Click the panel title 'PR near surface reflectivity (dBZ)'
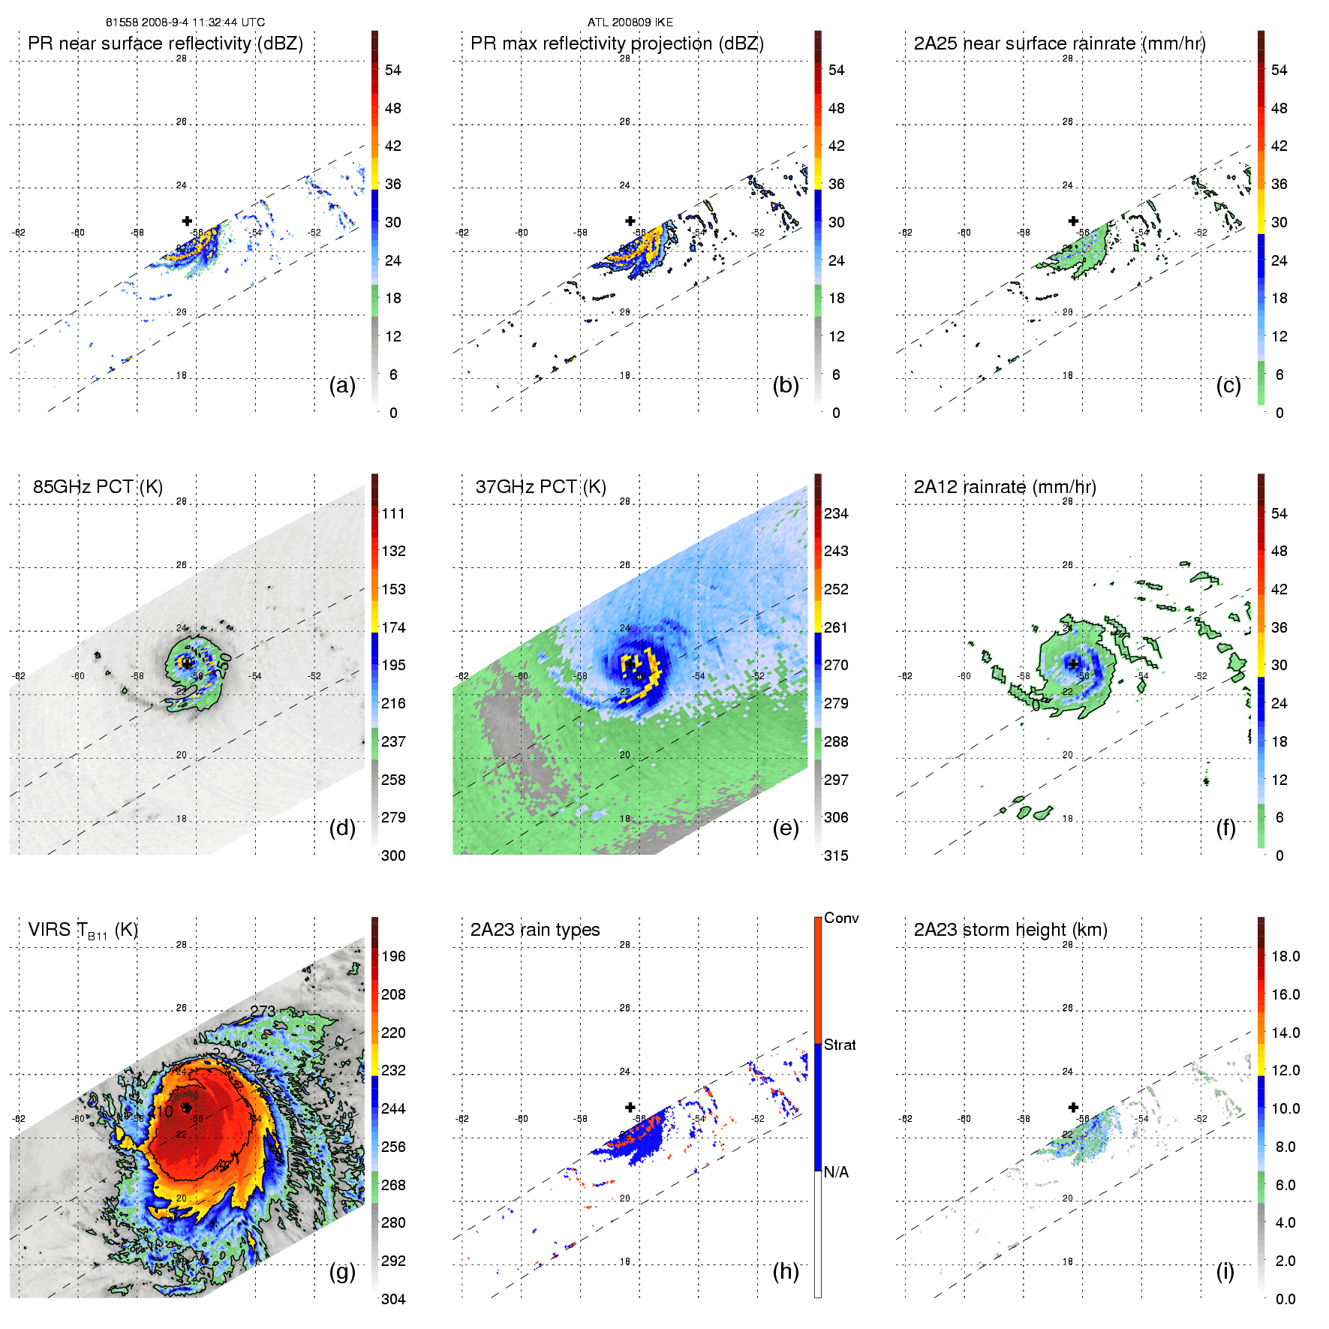pos(165,44)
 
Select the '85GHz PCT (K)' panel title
pos(98,487)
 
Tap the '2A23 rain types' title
pos(534,930)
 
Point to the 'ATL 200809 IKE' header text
pos(630,23)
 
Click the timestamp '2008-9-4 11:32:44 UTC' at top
pos(203,23)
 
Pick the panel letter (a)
pos(342,385)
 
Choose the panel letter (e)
pos(786,828)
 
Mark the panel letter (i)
pos(1225,1271)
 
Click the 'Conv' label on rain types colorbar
pos(841,918)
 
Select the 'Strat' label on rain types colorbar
pos(840,1045)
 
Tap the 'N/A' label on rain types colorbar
pos(836,1172)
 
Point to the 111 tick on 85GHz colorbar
pos(393,513)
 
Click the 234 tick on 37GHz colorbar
pos(836,513)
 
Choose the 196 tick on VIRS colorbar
pos(393,956)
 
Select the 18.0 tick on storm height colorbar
pos(1285,956)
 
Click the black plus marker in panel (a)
pos(187,221)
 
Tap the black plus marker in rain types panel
pos(630,1107)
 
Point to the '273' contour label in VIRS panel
pos(263,1012)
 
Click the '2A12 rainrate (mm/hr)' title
pos(1005,487)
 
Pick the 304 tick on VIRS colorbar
pos(393,1299)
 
